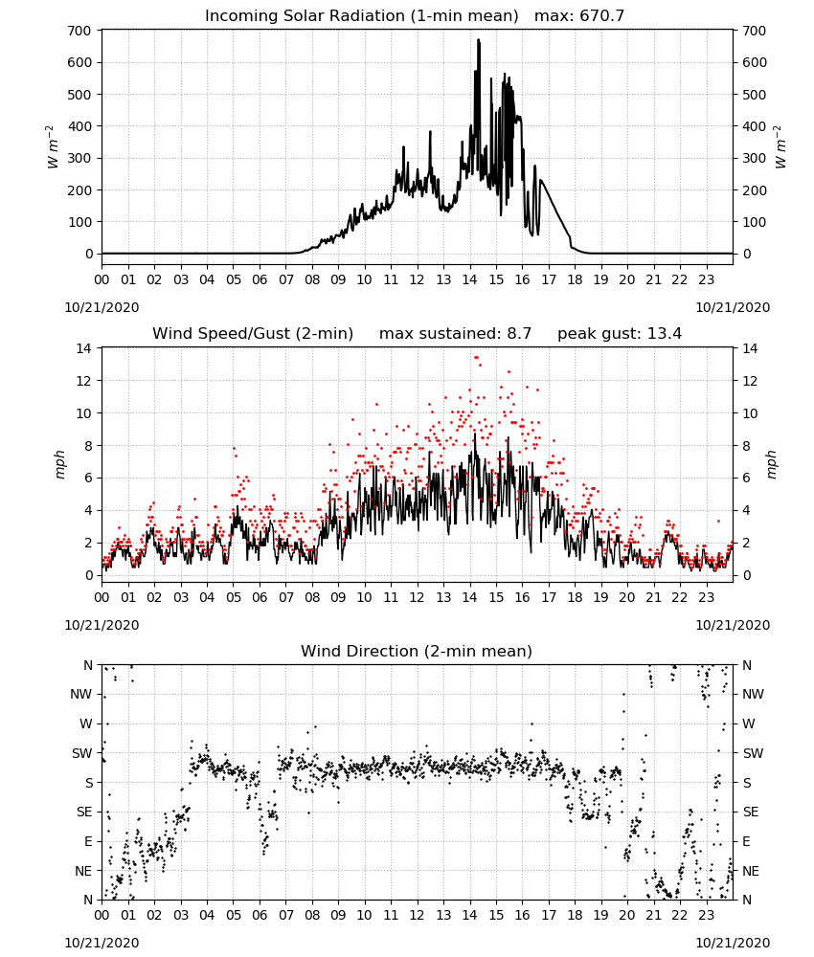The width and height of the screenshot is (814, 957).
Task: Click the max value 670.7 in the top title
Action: tap(601, 15)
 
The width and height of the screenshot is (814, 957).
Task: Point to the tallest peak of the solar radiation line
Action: tap(478, 39)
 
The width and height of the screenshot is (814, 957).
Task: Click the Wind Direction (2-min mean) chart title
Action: tap(417, 651)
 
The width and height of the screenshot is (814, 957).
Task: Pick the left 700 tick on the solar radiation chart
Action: tap(79, 31)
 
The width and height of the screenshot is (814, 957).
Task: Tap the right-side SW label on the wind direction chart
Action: tap(753, 753)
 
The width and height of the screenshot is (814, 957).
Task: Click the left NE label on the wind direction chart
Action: tap(83, 871)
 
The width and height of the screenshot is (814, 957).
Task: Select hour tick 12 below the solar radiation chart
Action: tap(418, 279)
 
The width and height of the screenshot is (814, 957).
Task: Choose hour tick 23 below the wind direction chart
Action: tap(707, 914)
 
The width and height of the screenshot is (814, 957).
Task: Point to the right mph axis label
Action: tap(771, 464)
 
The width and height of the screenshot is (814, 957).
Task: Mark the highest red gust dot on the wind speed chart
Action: tap(476, 357)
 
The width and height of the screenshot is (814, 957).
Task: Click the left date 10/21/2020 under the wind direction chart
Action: tap(102, 943)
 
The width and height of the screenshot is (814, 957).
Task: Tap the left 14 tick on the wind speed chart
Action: tap(83, 348)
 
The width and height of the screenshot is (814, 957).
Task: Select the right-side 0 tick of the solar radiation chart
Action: tap(747, 254)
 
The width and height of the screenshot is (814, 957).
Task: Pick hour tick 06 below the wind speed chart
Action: tap(260, 597)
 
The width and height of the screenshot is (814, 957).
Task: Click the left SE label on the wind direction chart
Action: tap(84, 812)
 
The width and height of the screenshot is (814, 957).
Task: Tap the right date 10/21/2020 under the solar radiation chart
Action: tap(733, 307)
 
